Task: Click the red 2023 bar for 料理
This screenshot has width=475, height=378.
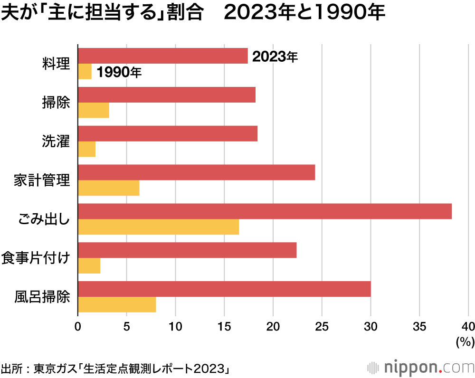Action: pos(162,56)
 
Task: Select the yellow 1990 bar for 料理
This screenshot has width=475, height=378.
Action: pos(85,72)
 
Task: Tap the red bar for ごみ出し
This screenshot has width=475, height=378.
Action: pos(264,211)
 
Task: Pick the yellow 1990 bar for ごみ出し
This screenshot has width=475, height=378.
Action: pos(158,227)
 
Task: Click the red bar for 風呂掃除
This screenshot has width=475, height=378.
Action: pos(224,289)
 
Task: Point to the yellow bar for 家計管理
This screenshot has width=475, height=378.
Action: pos(108,188)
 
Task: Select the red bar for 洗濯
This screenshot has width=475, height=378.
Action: pos(167,134)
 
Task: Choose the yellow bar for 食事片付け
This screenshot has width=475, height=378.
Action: pos(89,266)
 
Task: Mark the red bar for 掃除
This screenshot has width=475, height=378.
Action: pos(166,95)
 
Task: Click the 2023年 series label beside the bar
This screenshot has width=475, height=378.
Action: pos(275,57)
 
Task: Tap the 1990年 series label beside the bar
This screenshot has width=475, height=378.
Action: pos(119,73)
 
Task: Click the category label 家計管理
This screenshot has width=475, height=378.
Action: pos(42,180)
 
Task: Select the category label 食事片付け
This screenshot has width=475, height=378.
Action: pos(36,258)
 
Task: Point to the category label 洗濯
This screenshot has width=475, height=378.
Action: pos(56,142)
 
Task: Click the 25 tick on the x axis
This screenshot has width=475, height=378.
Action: pos(322,327)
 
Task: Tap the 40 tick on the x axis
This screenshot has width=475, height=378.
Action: pos(468,327)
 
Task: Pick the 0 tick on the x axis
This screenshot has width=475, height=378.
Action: pos(78,327)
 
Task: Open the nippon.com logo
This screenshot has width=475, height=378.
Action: pos(421,367)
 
